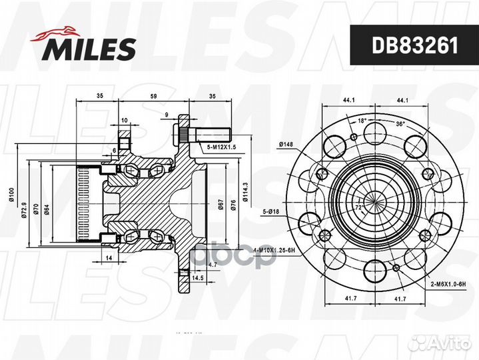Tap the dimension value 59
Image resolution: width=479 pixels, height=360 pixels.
pyautogui.click(x=154, y=96)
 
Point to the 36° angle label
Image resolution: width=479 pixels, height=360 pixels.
pyautogui.click(x=399, y=124)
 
